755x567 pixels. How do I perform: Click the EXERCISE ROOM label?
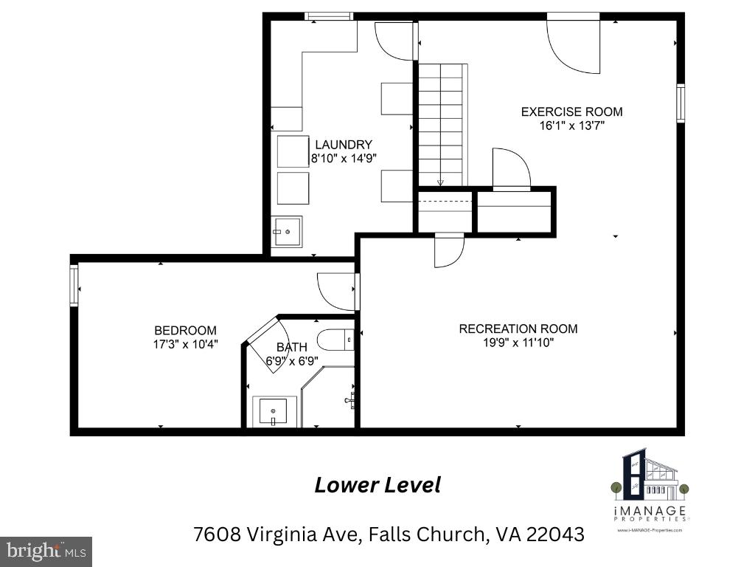click(571, 112)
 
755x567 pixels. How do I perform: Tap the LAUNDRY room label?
click(344, 145)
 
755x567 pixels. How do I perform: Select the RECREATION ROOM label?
click(518, 329)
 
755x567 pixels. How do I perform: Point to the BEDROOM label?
click(185, 331)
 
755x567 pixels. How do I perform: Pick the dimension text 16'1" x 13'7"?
click(571, 126)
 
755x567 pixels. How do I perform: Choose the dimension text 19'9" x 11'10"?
click(518, 343)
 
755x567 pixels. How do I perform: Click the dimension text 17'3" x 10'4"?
click(185, 344)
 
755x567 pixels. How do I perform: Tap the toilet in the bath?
click(336, 340)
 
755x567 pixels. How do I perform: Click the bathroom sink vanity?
click(274, 411)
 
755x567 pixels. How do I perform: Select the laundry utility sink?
click(286, 232)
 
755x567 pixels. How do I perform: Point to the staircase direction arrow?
click(440, 182)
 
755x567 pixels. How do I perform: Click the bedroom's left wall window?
click(74, 286)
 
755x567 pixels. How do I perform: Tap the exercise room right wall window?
click(681, 103)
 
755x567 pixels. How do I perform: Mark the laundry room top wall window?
click(329, 16)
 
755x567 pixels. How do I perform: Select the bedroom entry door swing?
click(337, 291)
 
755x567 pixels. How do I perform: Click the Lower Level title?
click(377, 485)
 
